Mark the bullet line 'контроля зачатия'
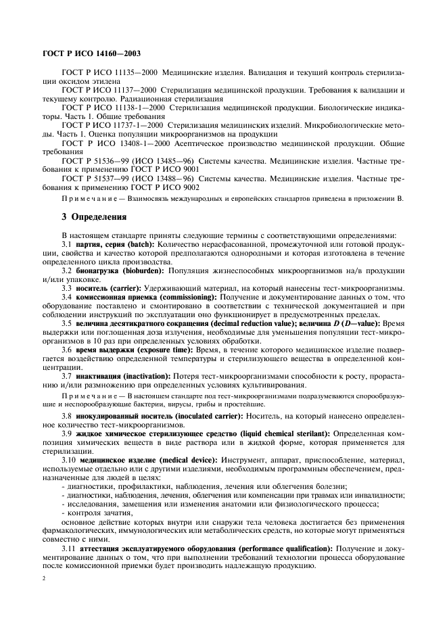pyautogui.click(x=91, y=512)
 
